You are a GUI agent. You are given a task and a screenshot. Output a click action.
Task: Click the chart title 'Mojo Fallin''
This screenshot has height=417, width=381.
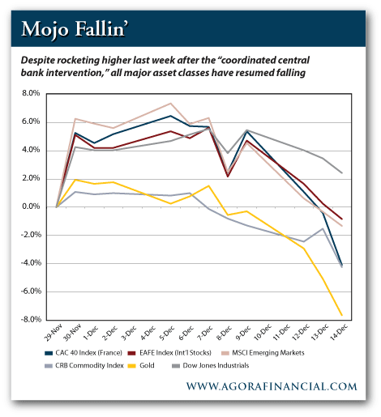coord(75,29)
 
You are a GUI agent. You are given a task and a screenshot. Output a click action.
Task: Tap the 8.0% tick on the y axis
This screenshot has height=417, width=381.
coord(31,93)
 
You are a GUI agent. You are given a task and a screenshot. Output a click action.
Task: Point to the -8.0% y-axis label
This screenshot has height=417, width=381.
coord(31,320)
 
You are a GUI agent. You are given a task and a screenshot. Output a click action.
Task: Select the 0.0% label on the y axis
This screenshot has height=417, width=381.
coord(31,206)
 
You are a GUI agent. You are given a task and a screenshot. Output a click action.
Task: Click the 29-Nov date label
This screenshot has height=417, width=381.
coord(54,334)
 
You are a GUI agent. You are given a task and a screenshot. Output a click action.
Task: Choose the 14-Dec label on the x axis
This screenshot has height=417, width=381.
coord(340,333)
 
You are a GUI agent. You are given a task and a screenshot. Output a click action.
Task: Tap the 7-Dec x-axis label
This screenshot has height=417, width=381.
coord(204,332)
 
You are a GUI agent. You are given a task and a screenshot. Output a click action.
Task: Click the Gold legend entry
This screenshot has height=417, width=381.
coord(141,366)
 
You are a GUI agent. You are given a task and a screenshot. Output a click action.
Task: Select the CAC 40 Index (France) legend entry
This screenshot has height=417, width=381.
coord(83,353)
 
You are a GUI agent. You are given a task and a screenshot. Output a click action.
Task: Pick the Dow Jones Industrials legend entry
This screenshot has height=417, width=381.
coord(211,366)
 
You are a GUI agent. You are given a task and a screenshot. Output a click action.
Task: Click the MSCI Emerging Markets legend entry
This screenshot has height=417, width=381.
coord(263,353)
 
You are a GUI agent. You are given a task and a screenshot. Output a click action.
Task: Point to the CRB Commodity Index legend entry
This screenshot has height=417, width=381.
coord(84,366)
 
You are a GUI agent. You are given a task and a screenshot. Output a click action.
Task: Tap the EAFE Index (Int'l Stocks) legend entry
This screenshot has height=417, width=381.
coord(169,353)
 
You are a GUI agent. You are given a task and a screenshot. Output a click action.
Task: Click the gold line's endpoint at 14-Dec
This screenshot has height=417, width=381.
coord(342,315)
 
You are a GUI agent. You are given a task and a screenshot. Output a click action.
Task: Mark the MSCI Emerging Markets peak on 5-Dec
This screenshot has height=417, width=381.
coord(170,103)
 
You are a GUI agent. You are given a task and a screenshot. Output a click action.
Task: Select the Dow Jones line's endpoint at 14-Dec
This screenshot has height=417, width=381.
coord(342,173)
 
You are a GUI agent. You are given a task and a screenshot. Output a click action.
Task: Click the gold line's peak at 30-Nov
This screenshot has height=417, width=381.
coord(75,180)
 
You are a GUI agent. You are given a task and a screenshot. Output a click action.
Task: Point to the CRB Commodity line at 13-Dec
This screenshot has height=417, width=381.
coord(323,228)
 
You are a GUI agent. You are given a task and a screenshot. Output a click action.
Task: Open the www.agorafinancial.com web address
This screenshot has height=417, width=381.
coord(272,386)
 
